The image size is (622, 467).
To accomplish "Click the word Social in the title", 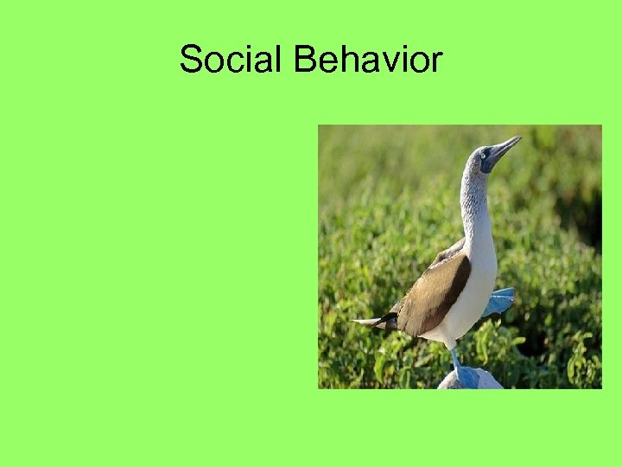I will click(232, 60).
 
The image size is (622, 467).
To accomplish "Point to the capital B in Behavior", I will click(305, 60).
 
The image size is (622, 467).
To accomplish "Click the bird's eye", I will click(485, 153).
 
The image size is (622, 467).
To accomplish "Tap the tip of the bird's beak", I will click(520, 138).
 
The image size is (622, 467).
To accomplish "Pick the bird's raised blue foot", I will click(499, 301).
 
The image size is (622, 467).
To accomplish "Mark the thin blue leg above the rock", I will click(454, 355).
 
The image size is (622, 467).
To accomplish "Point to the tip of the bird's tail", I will click(356, 322).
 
